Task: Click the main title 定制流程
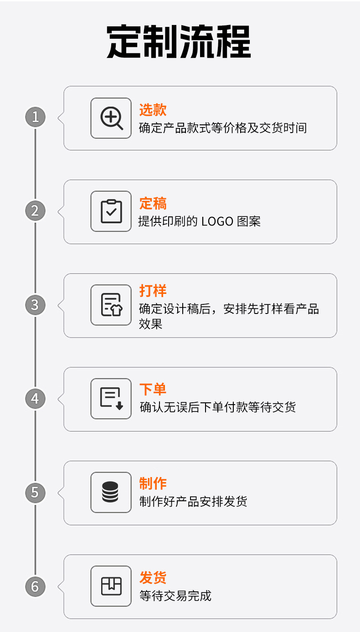click(x=179, y=42)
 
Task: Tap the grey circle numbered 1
click(x=35, y=117)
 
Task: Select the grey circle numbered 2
click(x=35, y=211)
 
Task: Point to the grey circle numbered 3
click(x=35, y=305)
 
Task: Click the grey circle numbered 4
click(x=35, y=399)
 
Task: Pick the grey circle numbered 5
click(x=35, y=493)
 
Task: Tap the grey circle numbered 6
click(x=35, y=586)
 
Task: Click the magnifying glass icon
click(x=111, y=118)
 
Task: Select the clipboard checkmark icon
click(x=111, y=211)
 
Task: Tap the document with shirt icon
click(x=111, y=305)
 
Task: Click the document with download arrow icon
click(x=111, y=399)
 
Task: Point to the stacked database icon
click(x=110, y=493)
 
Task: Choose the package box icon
click(x=111, y=586)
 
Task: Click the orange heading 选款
click(x=153, y=110)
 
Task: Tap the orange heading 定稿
click(x=153, y=203)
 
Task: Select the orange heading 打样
click(x=153, y=291)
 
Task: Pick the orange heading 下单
click(x=153, y=390)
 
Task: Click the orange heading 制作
click(x=153, y=483)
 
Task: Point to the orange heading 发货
click(x=153, y=577)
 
